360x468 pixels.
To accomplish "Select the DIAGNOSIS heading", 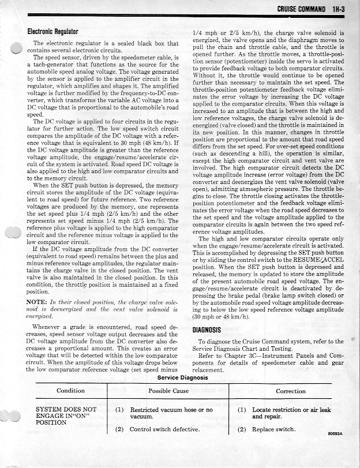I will [208, 330].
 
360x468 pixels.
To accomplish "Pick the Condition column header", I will [71, 391].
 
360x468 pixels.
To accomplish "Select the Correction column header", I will [291, 391].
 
